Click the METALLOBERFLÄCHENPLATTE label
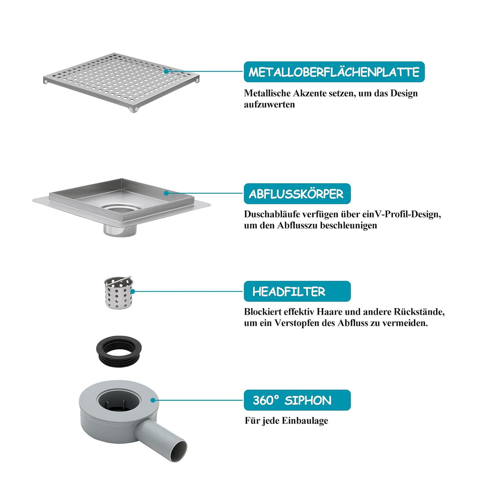click(334, 72)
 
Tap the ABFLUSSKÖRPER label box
click(297, 194)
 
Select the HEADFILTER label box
click(297, 291)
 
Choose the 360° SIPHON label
click(297, 400)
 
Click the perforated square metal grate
click(121, 82)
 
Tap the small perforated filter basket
click(118, 292)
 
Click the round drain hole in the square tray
click(120, 209)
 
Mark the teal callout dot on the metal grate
click(166, 71)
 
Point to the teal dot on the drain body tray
click(166, 193)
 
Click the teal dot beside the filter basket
click(132, 291)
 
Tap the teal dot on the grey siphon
click(153, 400)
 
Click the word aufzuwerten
click(269, 105)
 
